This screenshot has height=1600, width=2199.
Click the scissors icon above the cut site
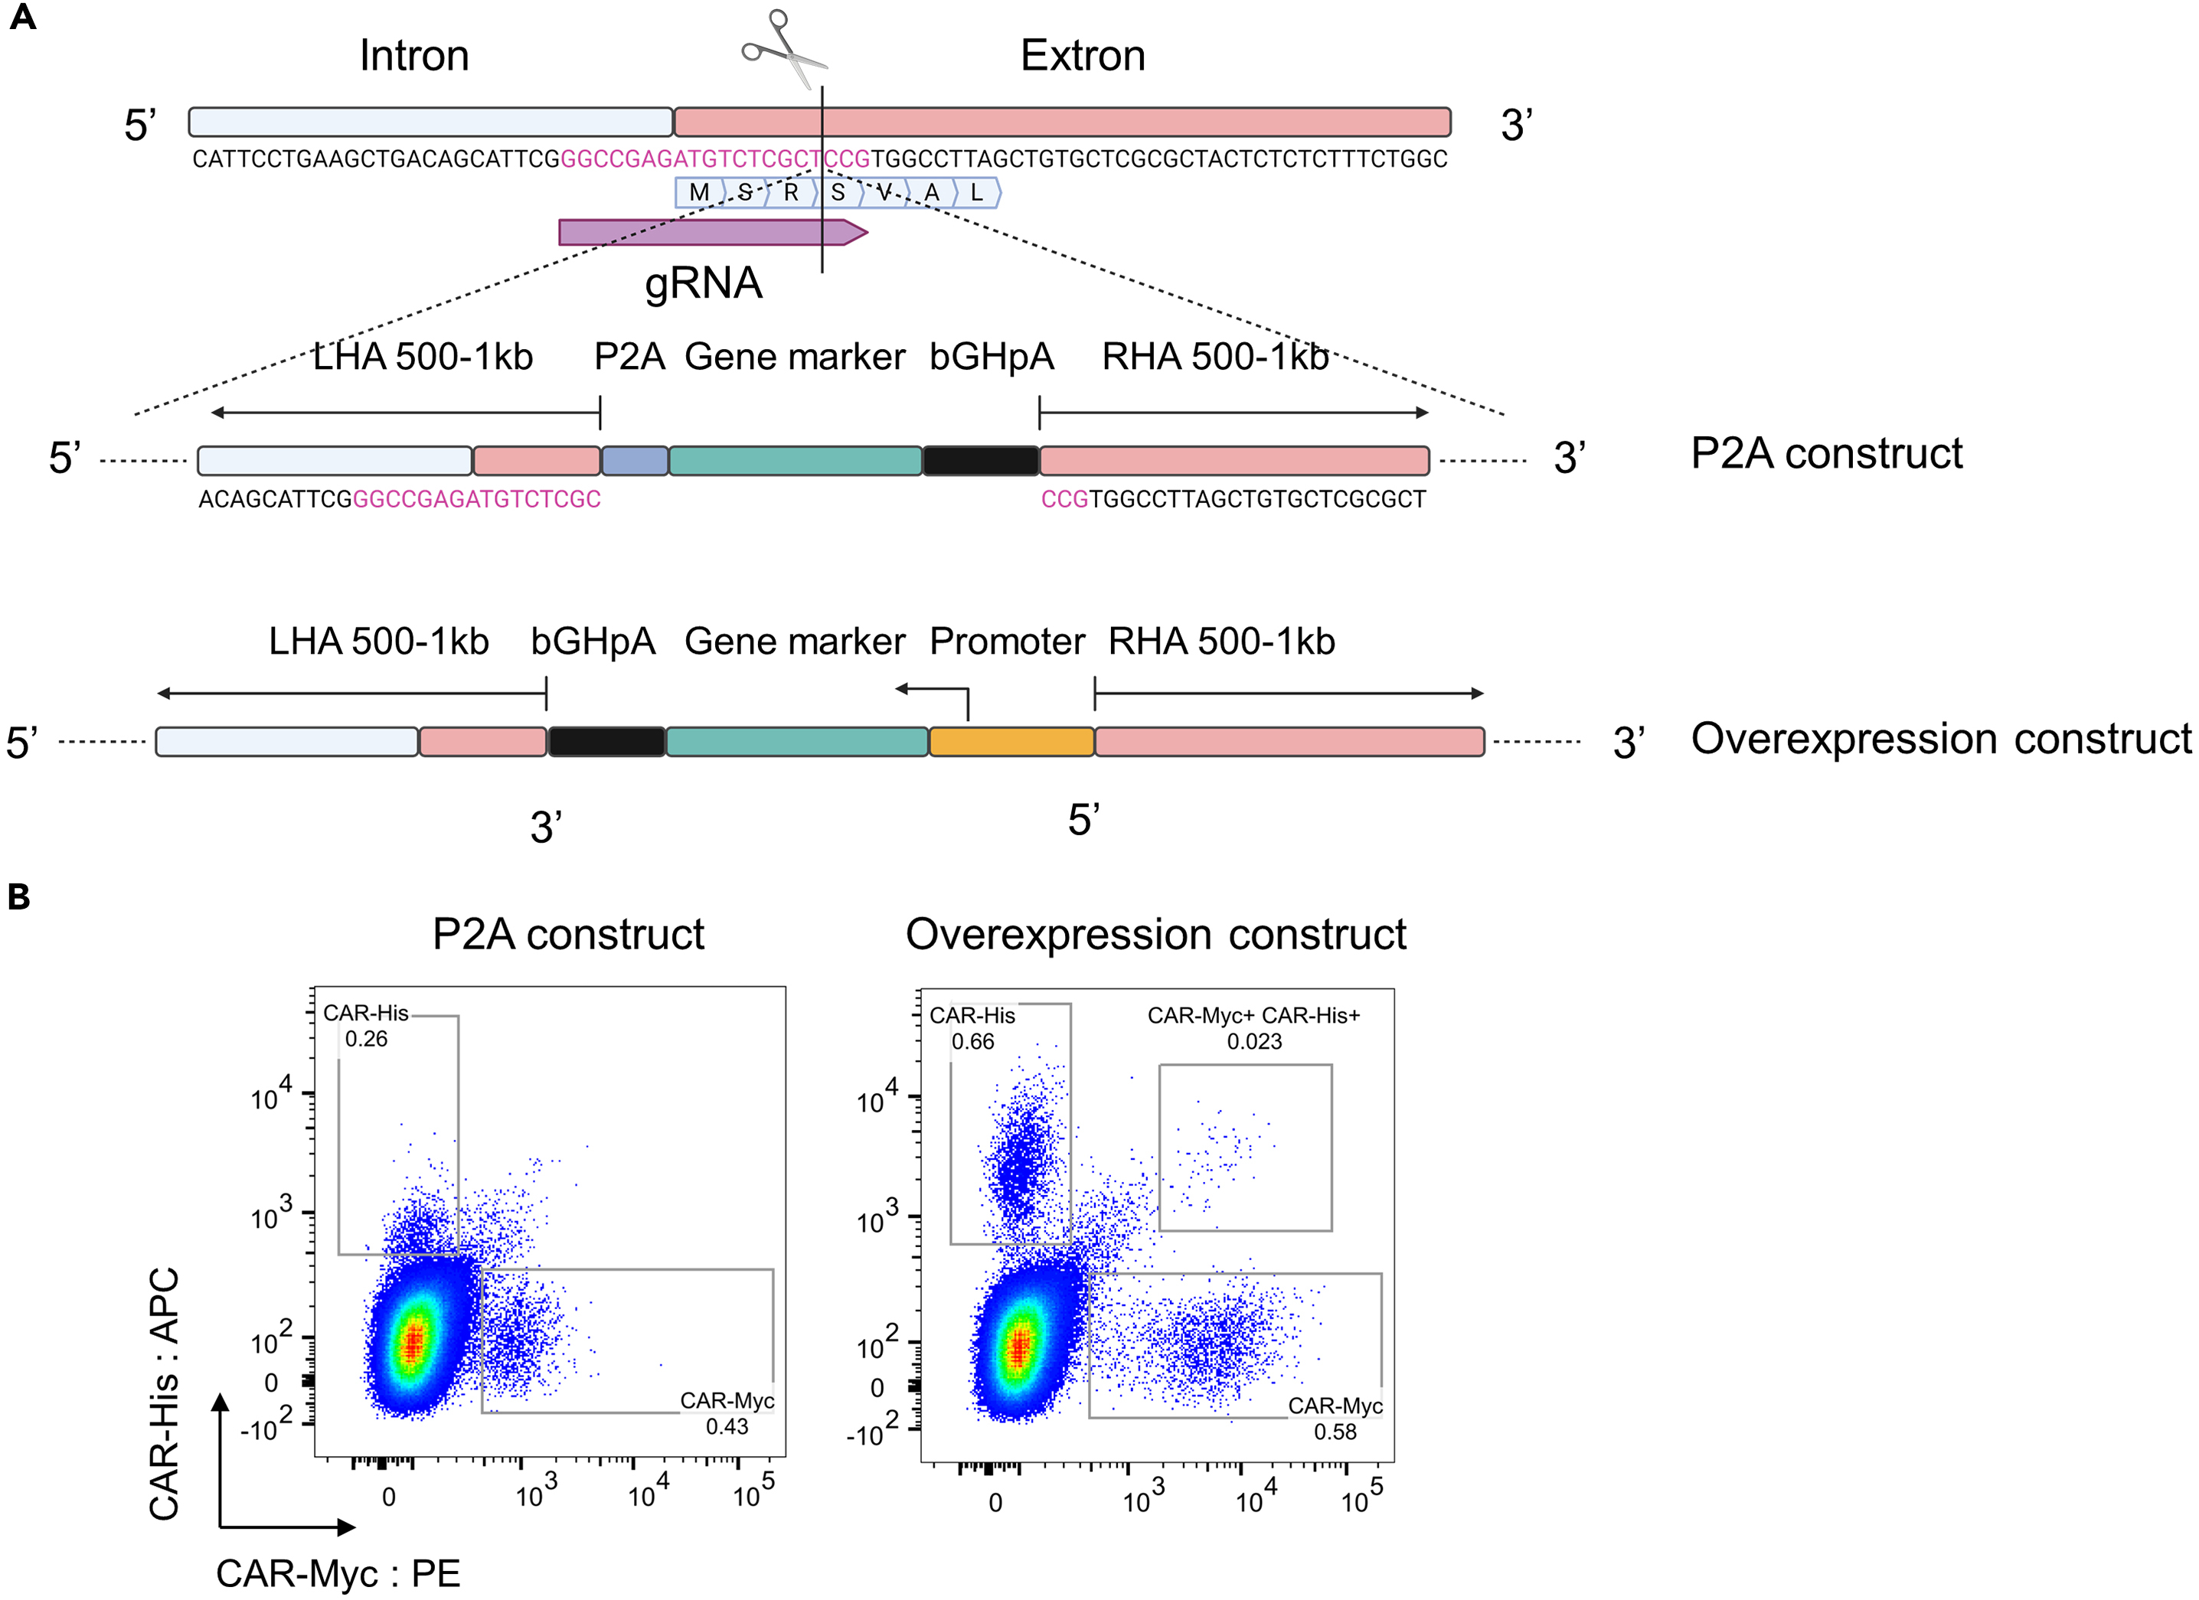tap(783, 48)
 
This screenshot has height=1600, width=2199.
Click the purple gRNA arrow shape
tap(707, 233)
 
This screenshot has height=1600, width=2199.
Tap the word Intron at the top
tap(414, 55)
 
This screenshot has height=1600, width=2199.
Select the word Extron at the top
tap(1082, 55)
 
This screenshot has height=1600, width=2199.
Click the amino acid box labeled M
tap(698, 193)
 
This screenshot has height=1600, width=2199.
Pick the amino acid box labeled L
tap(977, 193)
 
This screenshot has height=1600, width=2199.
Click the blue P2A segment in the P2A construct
tap(635, 461)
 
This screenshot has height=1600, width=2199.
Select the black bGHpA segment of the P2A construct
tap(980, 461)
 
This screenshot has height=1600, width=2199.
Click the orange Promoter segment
tap(1011, 742)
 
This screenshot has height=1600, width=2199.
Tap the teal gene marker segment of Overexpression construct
tap(796, 742)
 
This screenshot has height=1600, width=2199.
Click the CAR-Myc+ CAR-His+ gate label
tap(1253, 1015)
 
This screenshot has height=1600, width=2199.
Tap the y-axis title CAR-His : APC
tap(164, 1393)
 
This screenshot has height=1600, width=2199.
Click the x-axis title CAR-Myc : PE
tap(338, 1573)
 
